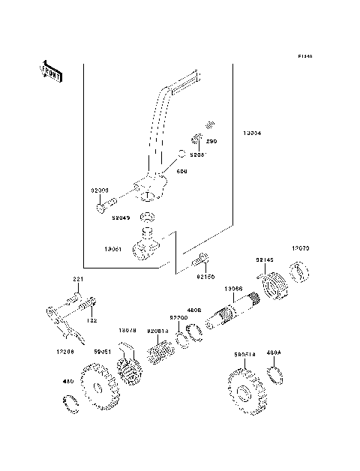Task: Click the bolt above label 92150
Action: coord(200,262)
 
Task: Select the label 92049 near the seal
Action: coord(121,218)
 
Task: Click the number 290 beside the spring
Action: coord(211,140)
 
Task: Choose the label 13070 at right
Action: coord(301,247)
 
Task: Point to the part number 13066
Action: coord(232,289)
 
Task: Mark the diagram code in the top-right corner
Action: coord(304,55)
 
